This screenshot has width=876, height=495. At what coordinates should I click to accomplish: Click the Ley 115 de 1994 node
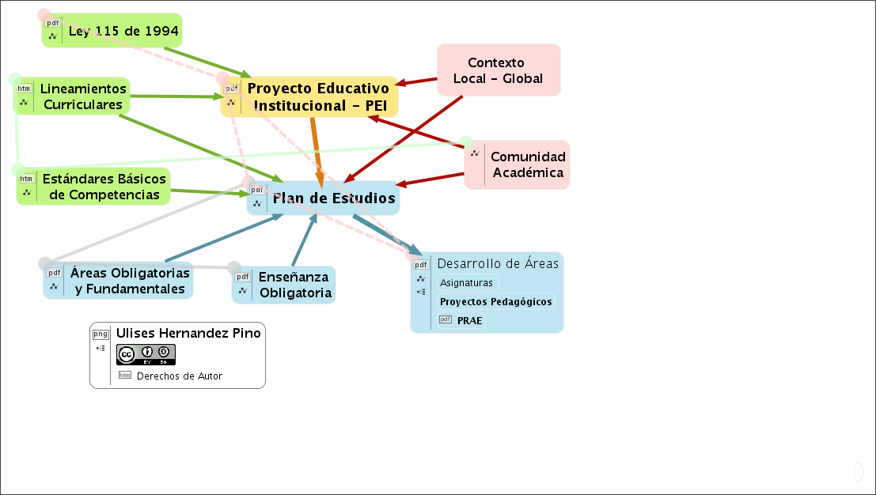coord(123,32)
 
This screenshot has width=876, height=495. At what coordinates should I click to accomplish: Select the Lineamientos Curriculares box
coord(82,96)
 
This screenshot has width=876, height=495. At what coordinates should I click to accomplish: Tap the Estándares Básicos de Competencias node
coord(104,187)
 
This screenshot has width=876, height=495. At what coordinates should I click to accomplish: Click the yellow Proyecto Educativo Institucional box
coord(318,96)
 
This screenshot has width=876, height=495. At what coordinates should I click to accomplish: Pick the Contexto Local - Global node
coord(498,70)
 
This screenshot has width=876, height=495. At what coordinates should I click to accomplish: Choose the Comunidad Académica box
coord(527,164)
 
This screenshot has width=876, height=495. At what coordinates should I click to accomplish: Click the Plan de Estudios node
coord(333,198)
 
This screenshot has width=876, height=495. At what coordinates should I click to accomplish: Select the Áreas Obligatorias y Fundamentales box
coord(130,281)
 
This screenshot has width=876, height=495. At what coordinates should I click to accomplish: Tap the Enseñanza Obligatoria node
coord(295,285)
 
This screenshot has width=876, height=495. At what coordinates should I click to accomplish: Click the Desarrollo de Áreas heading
coord(498,263)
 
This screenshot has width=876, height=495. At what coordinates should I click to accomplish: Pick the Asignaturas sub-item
coord(467,282)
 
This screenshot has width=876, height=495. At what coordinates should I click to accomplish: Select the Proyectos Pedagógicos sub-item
coord(496,301)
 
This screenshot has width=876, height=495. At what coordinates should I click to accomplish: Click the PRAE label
coord(470,320)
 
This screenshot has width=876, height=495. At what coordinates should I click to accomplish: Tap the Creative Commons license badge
coord(146,354)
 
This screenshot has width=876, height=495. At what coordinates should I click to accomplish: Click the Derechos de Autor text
coord(180,376)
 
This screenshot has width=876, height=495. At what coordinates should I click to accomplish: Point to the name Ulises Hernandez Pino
coord(188,333)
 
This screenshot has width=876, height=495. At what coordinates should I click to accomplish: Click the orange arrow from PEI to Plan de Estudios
coord(317,146)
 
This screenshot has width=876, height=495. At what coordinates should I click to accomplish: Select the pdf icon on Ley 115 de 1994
coord(53,23)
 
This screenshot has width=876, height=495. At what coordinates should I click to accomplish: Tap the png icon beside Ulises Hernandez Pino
coord(100,334)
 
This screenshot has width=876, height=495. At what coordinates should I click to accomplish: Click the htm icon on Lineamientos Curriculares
coord(24,89)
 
